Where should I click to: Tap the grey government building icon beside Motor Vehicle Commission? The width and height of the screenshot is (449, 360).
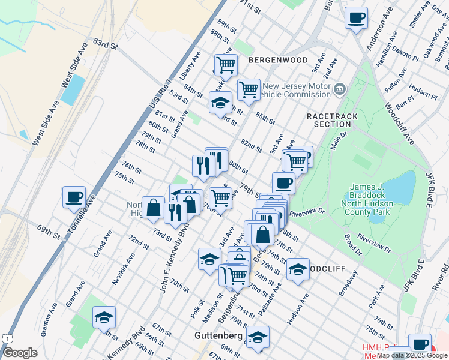pos(340,89)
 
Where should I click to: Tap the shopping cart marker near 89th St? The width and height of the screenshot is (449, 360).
pos(226,64)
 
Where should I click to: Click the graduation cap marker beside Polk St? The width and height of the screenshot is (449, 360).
pos(209,259)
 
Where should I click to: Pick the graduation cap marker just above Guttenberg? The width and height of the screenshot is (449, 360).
pos(258,337)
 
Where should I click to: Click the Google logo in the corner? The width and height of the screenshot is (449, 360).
pos(19,353)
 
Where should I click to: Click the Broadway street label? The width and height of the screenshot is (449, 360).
pos(348,287)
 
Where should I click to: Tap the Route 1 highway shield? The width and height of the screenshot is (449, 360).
pos(6,338)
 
